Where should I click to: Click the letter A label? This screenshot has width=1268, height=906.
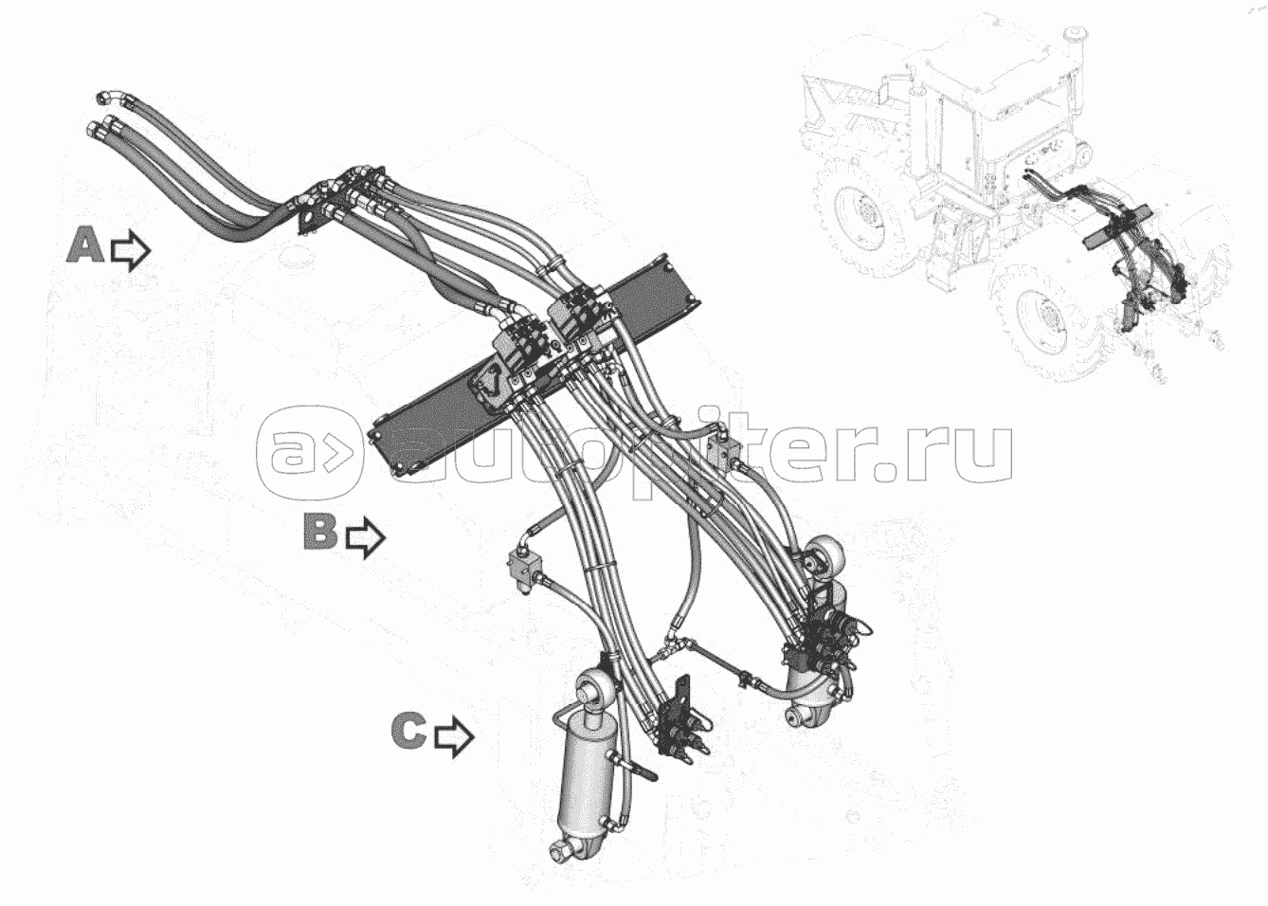[85, 245]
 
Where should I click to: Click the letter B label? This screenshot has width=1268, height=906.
[319, 531]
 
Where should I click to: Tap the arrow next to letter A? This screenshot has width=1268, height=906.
[130, 249]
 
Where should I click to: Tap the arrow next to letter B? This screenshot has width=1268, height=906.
[365, 537]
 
